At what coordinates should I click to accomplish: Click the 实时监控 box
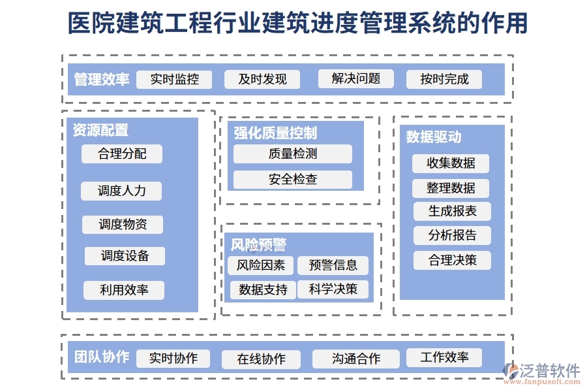tap(174, 80)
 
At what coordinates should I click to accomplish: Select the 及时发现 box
tap(262, 80)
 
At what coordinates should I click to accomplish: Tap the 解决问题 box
tap(356, 79)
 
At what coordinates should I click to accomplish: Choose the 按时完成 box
tap(444, 80)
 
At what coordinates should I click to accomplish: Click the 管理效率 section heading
tap(102, 80)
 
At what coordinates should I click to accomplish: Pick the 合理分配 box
tap(122, 154)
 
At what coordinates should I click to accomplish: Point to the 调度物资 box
tap(123, 225)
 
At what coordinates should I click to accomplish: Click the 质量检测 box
tap(293, 154)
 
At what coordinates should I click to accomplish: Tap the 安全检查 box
tap(293, 180)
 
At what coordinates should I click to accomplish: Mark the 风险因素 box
tap(261, 265)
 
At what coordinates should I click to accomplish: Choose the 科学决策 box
tap(333, 289)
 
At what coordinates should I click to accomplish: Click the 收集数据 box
tap(451, 163)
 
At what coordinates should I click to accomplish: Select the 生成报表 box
tap(452, 212)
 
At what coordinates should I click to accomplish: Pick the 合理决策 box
tap(452, 261)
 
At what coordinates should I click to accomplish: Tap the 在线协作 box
tap(261, 359)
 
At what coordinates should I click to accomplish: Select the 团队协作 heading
tap(102, 358)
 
